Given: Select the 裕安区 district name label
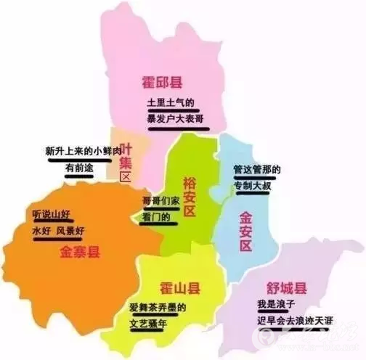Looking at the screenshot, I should [190, 195].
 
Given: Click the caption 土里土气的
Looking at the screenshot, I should [171, 103].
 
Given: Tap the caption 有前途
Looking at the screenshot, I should [80, 168].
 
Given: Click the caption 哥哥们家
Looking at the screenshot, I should [160, 201].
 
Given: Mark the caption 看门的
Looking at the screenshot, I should [157, 217].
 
